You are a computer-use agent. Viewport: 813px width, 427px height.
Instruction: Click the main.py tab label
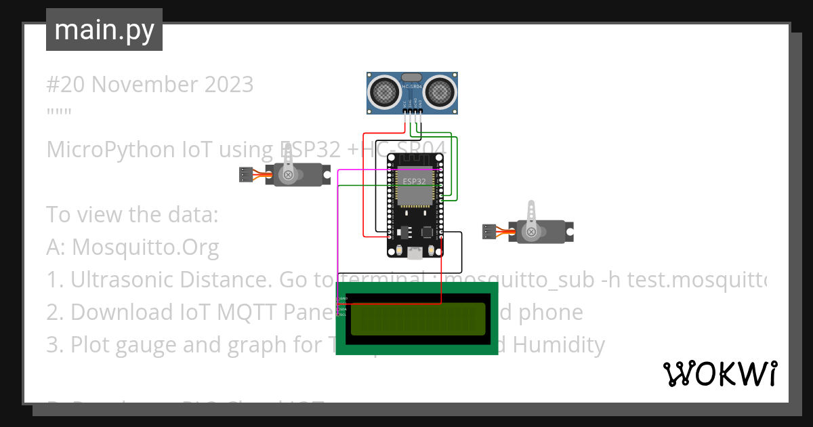coord(104,30)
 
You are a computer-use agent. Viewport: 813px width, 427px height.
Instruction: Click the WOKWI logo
coord(720,373)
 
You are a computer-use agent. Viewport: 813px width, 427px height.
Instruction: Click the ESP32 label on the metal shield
coord(414,182)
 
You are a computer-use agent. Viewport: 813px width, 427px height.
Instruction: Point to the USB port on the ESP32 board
coord(414,253)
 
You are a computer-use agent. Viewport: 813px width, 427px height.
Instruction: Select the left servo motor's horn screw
coord(289,176)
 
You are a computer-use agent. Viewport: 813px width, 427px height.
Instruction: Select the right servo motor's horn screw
coord(532,232)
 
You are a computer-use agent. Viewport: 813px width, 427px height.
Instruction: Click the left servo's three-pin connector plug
coord(246,175)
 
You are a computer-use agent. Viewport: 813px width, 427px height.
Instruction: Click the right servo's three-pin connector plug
coord(488,232)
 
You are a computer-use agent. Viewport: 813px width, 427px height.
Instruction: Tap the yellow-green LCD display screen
coord(417,319)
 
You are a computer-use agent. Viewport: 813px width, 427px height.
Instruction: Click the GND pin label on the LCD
coord(343,298)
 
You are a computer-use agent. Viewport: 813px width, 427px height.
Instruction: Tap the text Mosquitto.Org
coord(145,247)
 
